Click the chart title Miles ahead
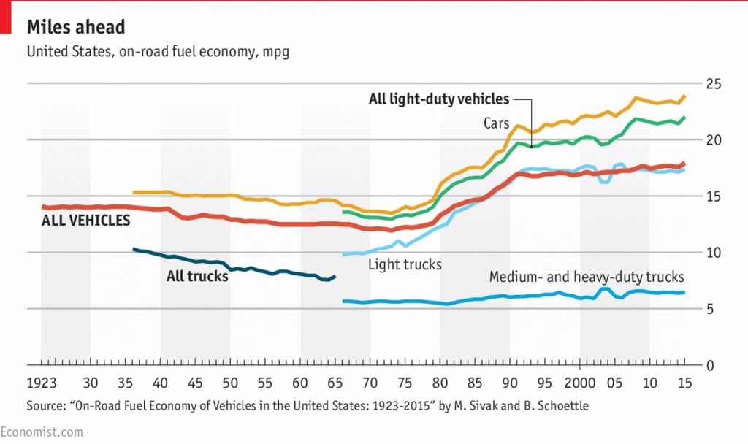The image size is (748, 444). point(76,28)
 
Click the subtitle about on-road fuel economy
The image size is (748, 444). point(158,53)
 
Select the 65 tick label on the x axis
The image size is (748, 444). point(335,384)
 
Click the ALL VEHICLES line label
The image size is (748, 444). point(86,221)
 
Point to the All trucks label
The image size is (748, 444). point(197,277)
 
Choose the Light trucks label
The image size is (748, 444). point(405,264)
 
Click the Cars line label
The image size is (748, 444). point(496,123)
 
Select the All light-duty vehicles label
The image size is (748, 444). point(439,99)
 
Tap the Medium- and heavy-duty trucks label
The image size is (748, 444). point(587,277)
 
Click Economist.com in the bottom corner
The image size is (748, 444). point(42,432)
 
